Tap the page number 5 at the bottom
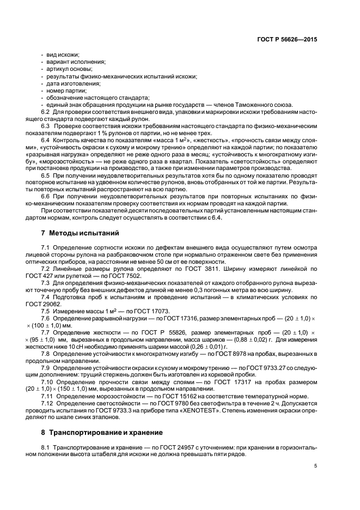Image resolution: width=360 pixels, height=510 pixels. coord(315,466)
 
